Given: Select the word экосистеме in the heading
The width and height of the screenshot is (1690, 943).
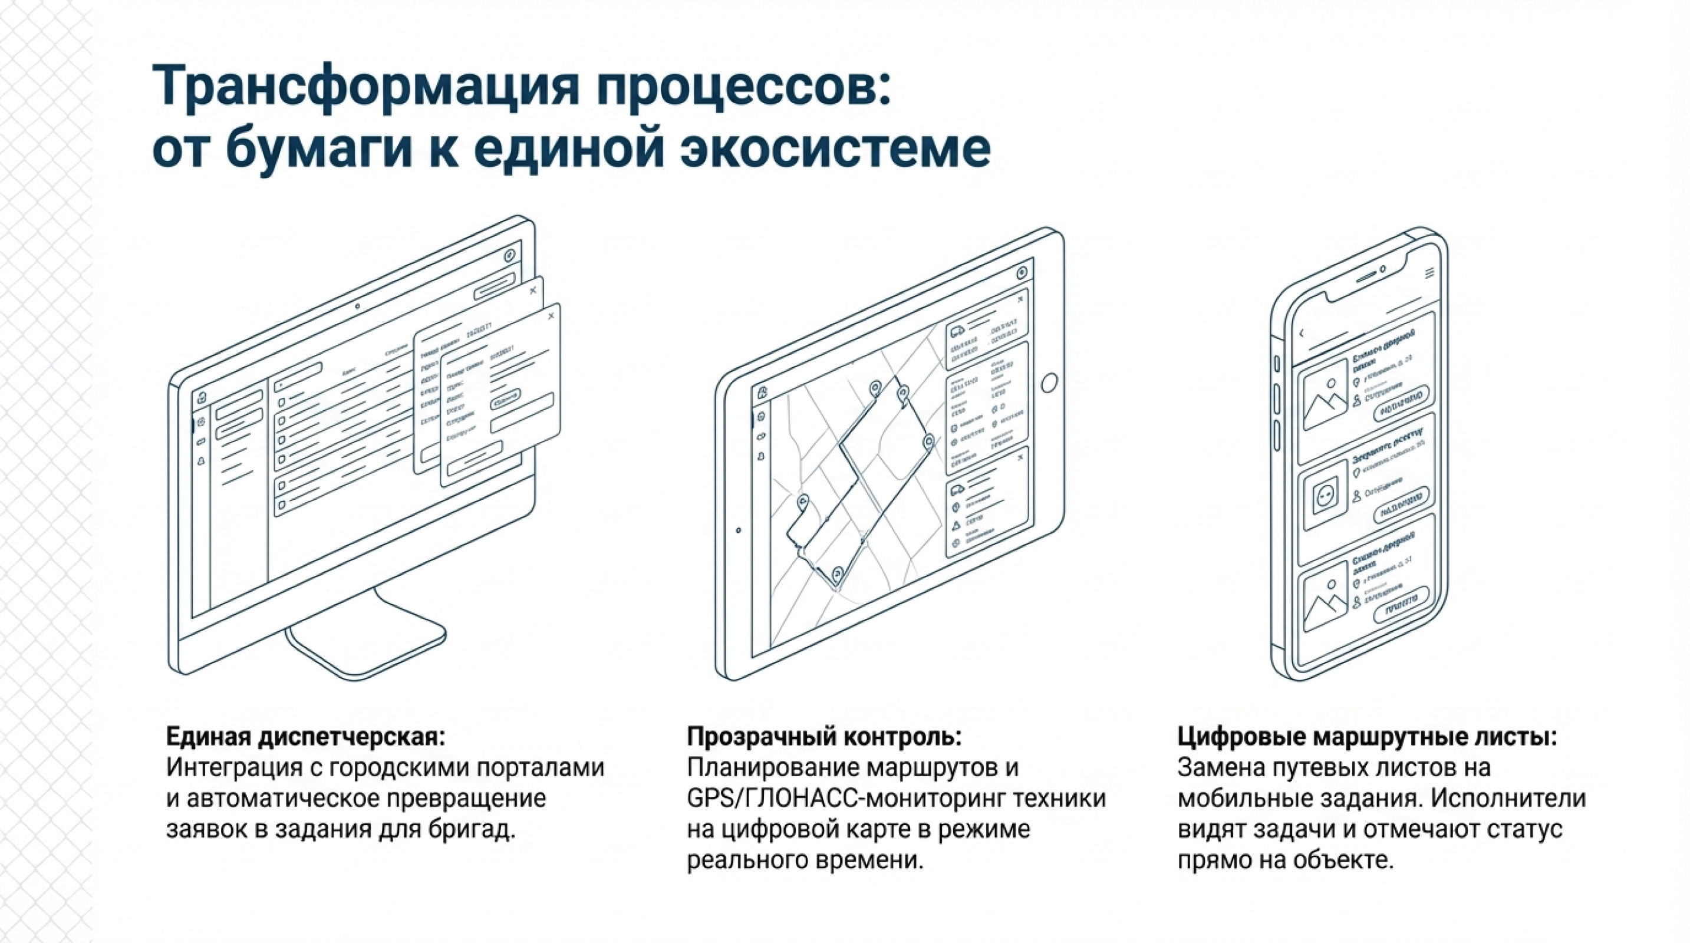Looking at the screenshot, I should tap(835, 150).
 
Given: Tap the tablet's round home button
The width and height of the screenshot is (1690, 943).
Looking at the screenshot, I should tap(1049, 383).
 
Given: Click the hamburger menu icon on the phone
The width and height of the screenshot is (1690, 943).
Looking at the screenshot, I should tap(1429, 273).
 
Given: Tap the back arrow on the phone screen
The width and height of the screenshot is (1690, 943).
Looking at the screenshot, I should tap(1302, 334).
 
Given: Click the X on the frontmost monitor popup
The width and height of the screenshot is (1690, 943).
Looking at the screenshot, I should tap(551, 316).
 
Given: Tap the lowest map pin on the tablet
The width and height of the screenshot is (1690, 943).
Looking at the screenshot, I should tap(837, 575).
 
